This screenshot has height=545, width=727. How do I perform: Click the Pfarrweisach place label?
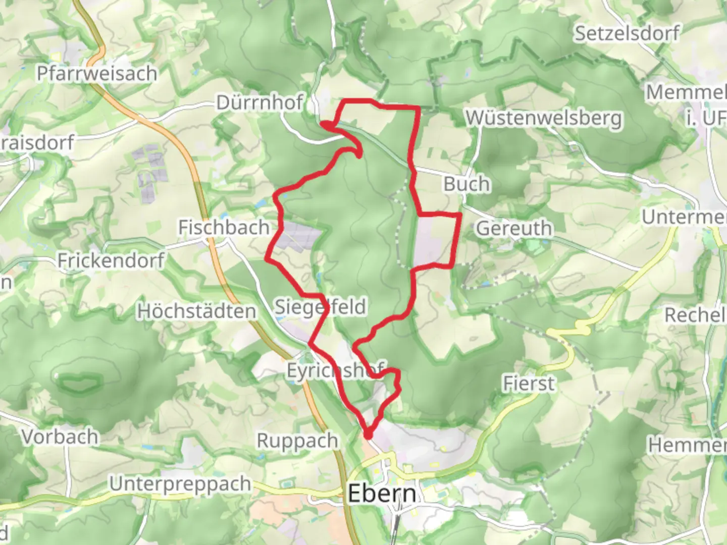pos(97,74)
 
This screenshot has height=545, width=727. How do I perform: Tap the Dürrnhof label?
pos(259,103)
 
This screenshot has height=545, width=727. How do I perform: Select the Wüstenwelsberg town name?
pos(543,118)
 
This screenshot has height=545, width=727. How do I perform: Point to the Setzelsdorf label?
pos(627,34)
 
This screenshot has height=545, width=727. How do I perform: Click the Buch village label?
pos(466,184)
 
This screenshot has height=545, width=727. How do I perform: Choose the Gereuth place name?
pos(514,229)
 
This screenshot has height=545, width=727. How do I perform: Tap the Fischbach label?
pos(224,228)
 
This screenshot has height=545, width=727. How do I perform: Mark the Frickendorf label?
pos(111,261)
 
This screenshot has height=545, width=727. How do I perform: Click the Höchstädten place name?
pos(197,311)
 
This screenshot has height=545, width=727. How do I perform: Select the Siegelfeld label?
pos(320,307)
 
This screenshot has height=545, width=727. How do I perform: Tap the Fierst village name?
pos(529,384)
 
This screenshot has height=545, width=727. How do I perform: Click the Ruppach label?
pos(297,441)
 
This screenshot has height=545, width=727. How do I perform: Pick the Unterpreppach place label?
pos(180,484)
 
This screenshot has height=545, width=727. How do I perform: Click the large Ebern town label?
pos(382,494)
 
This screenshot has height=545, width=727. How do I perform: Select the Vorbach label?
pos(60,437)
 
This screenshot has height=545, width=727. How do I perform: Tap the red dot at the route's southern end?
pos(369,433)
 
